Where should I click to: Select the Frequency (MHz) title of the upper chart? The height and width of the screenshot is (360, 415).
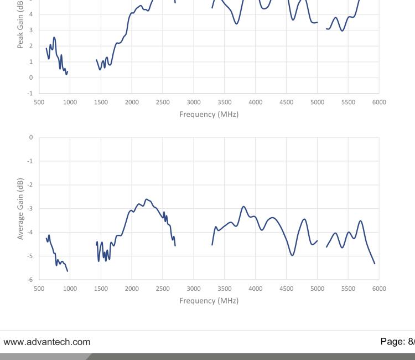pyautogui.click(x=209, y=114)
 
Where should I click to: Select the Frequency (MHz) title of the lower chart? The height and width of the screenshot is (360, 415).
pyautogui.click(x=209, y=301)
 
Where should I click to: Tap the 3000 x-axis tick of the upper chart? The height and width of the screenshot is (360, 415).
pyautogui.click(x=194, y=102)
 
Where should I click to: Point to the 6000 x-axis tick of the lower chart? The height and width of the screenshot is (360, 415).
pyautogui.click(x=379, y=289)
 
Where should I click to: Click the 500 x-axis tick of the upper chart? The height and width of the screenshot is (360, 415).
pyautogui.click(x=39, y=102)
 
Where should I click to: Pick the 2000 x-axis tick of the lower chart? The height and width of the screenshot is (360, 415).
pyautogui.click(x=132, y=289)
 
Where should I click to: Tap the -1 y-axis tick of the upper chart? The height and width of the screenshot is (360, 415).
pyautogui.click(x=30, y=93)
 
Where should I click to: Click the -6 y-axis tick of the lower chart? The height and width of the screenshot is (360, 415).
pyautogui.click(x=30, y=280)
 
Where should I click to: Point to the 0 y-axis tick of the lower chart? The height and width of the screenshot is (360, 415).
pyautogui.click(x=32, y=137)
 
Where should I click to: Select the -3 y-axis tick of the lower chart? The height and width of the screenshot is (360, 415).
pyautogui.click(x=30, y=208)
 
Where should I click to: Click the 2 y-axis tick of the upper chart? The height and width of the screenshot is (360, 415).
pyautogui.click(x=32, y=45)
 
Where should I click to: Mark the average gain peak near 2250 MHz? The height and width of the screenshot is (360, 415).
pyautogui.click(x=147, y=199)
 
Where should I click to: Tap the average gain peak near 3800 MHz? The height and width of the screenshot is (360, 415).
pyautogui.click(x=243, y=207)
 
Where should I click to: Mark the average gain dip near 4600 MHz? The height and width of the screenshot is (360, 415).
pyautogui.click(x=292, y=255)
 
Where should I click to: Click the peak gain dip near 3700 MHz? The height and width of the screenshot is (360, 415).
pyautogui.click(x=237, y=24)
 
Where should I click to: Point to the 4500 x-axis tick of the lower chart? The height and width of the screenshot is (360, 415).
pyautogui.click(x=286, y=289)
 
